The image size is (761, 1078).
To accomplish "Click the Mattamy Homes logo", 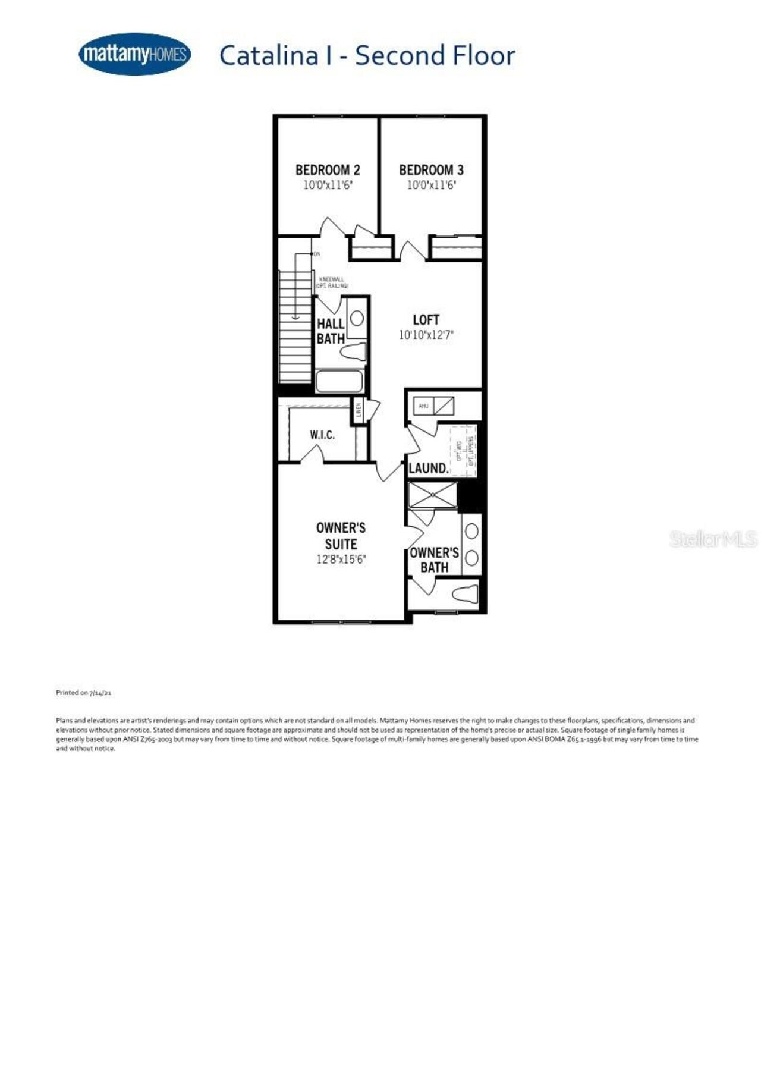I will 134,54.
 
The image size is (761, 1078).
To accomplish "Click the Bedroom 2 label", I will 328,170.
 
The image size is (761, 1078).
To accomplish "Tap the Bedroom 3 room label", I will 431,170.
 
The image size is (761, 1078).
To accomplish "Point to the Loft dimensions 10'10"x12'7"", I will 426,335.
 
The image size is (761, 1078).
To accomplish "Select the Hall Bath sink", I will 357,319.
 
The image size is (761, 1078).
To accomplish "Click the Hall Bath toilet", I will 354,351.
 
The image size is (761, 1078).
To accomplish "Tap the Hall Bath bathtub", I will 339,381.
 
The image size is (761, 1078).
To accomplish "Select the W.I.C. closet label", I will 322,435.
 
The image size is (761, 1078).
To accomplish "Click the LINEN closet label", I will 359,410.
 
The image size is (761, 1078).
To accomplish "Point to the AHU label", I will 423,406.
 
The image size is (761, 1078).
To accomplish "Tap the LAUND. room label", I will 428,469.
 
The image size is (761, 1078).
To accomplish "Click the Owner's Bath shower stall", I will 433,495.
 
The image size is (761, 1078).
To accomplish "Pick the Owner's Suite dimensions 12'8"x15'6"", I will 341,560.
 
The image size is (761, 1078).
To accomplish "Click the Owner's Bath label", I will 434,560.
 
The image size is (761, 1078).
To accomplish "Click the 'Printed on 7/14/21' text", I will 84,693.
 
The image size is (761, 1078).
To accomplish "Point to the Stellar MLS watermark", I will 713,539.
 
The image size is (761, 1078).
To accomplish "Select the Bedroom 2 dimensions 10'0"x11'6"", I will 328,186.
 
